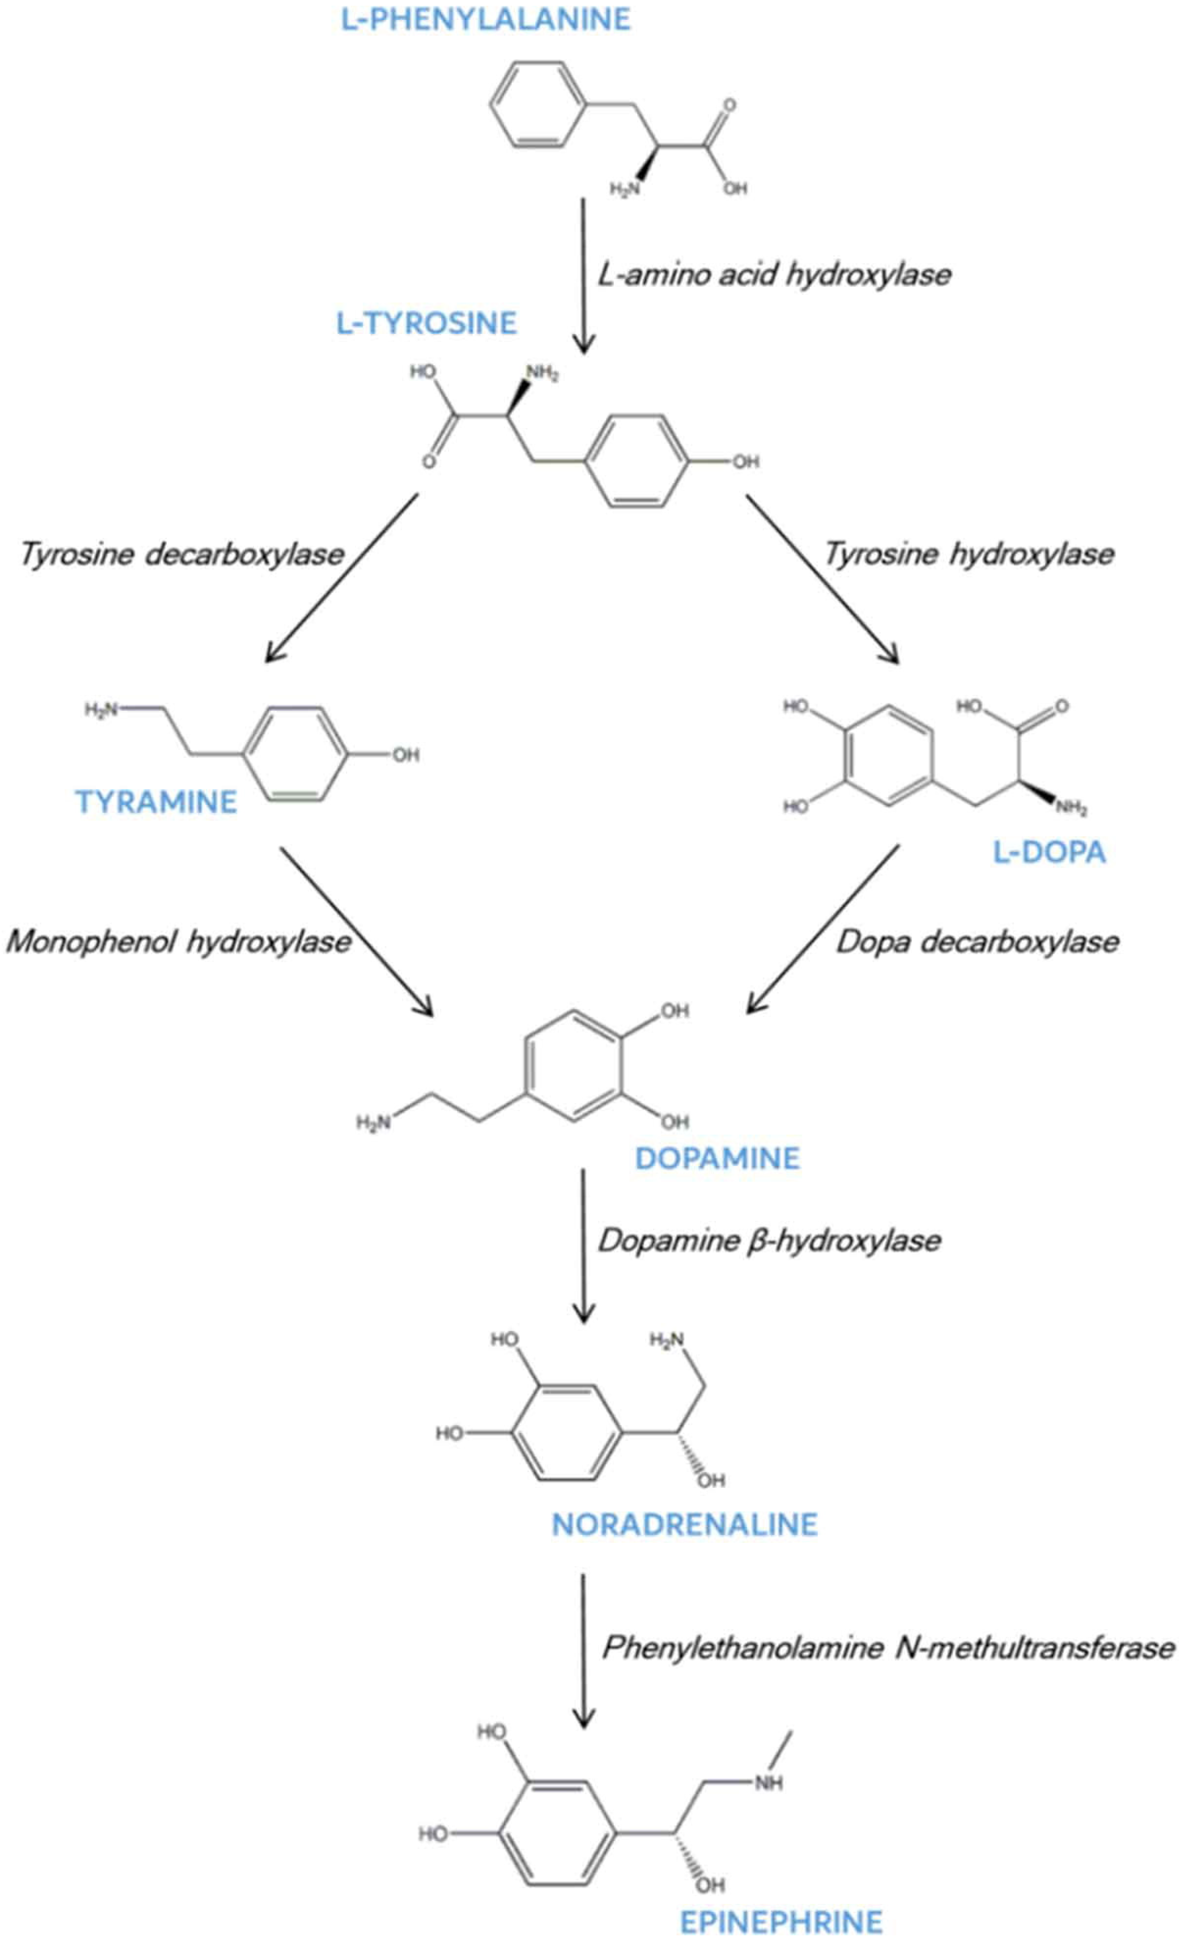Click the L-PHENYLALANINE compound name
click(486, 19)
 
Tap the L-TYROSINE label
click(426, 323)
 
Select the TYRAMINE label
click(156, 802)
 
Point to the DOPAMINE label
click(717, 1158)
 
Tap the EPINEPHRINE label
click(781, 1922)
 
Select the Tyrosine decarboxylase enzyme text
click(182, 554)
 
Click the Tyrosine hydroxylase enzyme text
click(969, 554)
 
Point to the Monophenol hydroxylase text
click(179, 941)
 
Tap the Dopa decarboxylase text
click(977, 941)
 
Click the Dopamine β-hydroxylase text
click(769, 1241)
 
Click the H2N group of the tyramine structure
click(101, 710)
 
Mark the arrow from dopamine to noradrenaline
click(583, 1245)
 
